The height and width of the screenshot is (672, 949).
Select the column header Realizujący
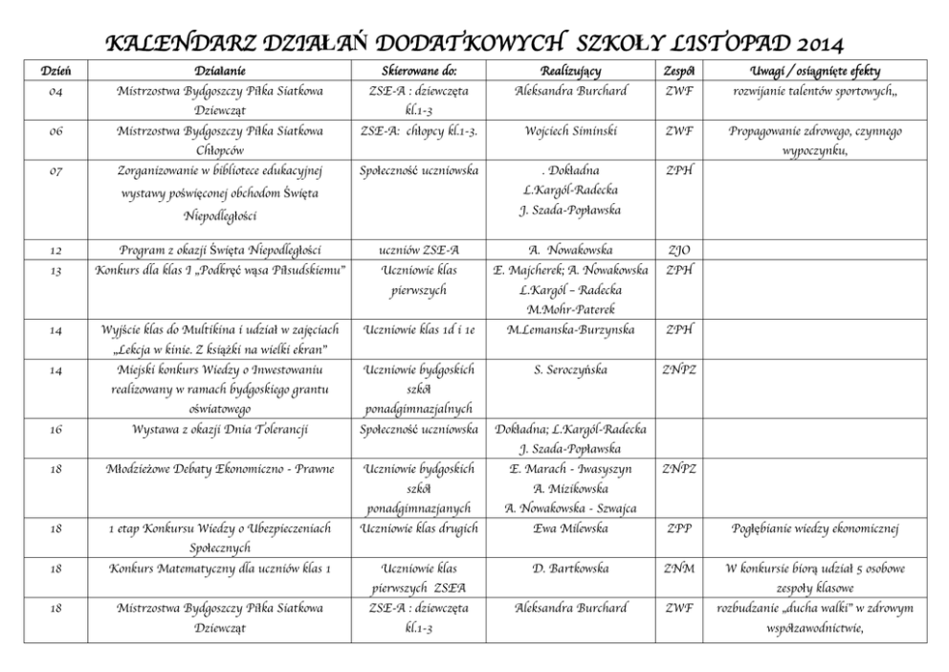(570, 72)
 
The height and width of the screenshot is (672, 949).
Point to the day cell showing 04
(55, 91)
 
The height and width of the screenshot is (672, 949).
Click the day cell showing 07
(55, 170)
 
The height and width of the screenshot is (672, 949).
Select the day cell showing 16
(55, 429)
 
